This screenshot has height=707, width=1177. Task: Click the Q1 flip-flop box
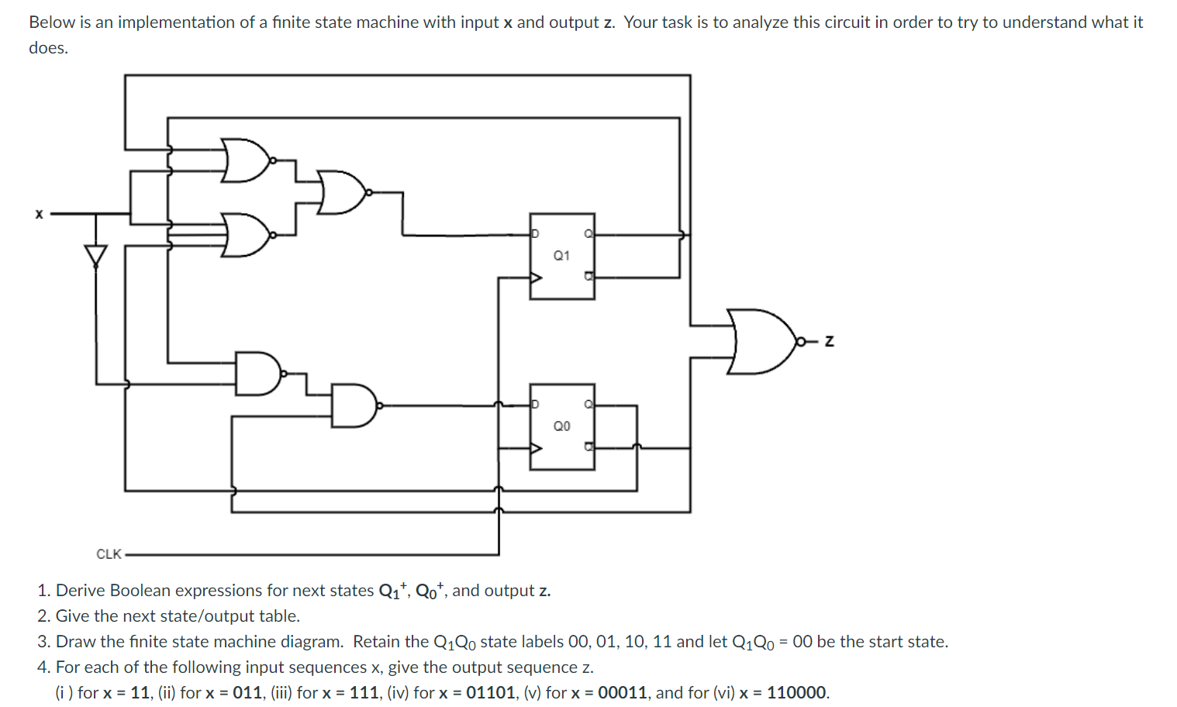click(562, 256)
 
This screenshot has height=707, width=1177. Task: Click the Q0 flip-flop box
click(562, 426)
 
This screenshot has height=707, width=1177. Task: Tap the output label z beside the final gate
click(829, 341)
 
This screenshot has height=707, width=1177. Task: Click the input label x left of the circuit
click(39, 214)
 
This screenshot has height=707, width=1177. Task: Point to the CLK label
click(109, 554)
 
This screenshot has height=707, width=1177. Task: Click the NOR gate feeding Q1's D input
click(341, 192)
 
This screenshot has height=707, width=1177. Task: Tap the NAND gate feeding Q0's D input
click(354, 405)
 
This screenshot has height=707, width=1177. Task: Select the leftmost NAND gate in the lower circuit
click(257, 373)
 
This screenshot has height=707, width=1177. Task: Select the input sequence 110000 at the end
click(796, 692)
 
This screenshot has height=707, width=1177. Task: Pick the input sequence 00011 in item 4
click(622, 692)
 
